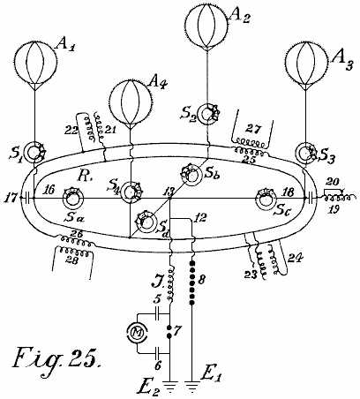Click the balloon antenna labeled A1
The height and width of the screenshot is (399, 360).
tap(35, 62)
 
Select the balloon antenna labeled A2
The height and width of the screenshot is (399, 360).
tap(207, 25)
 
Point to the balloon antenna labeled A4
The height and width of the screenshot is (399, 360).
tap(131, 101)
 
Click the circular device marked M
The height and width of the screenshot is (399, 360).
tap(138, 333)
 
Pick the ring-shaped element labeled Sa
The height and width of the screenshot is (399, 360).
tap(71, 199)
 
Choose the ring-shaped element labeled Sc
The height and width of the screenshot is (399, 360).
tap(266, 199)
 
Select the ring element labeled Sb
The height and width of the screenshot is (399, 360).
tap(191, 176)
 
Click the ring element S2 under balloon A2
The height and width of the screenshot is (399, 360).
tap(208, 114)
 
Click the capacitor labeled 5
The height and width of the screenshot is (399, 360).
tap(158, 313)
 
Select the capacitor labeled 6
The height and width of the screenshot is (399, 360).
tap(158, 352)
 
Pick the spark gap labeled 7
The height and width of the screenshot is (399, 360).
tap(169, 332)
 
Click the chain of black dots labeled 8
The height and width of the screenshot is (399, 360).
tap(192, 282)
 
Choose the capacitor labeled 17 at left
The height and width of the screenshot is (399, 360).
tap(27, 198)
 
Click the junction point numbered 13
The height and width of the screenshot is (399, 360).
tap(170, 199)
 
